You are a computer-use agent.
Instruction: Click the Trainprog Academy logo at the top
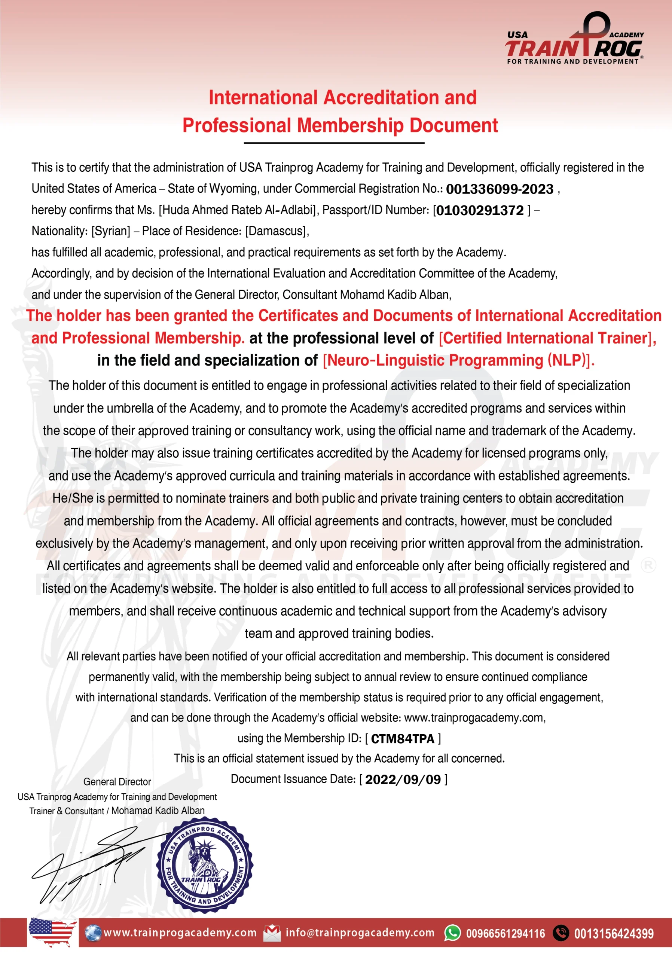[574, 39]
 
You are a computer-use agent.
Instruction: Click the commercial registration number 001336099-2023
[499, 189]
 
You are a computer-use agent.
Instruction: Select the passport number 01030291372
[480, 210]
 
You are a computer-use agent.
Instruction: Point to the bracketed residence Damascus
[276, 231]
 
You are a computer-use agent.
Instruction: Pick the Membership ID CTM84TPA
[403, 739]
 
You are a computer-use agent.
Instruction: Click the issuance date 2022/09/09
[403, 779]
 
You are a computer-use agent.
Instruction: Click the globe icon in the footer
[92, 933]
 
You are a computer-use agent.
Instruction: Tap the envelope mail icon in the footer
[272, 933]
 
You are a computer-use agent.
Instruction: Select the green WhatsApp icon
[453, 933]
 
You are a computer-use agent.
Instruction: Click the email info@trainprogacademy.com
[360, 933]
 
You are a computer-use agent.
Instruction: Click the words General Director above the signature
[117, 782]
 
